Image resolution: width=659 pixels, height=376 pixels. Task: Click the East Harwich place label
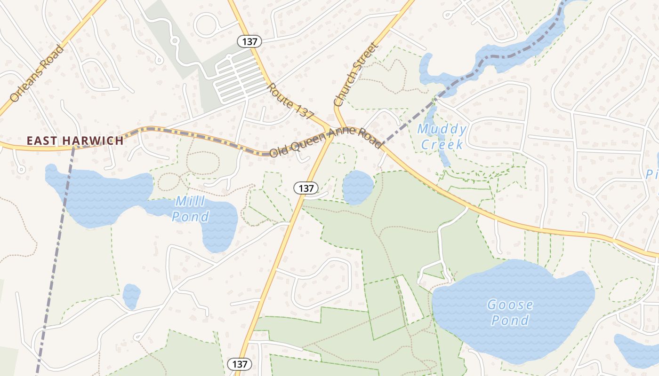point(75,141)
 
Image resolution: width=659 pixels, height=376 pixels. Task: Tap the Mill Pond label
point(190,209)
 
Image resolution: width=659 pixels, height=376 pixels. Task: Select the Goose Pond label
point(510,313)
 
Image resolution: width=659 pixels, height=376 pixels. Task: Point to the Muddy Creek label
point(442,136)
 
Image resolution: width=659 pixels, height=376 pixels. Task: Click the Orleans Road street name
point(37,74)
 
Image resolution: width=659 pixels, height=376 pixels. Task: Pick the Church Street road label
point(355,74)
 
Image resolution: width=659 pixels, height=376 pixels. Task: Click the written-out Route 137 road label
point(290,101)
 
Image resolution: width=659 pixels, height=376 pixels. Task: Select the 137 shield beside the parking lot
point(249,41)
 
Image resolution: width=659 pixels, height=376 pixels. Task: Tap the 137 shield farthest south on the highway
point(240,364)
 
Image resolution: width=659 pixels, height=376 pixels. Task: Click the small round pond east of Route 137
point(358,187)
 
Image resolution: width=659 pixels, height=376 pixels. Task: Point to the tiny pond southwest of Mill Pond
point(131,296)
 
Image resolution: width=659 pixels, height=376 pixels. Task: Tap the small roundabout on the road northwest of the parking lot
point(175,41)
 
